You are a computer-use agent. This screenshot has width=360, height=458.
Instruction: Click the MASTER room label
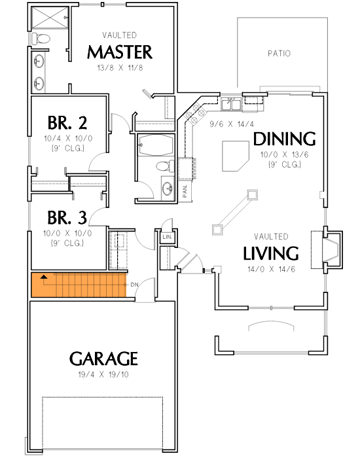point(120,52)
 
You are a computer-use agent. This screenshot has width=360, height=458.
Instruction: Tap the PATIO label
point(279,54)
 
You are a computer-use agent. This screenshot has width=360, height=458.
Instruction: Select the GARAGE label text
point(103,359)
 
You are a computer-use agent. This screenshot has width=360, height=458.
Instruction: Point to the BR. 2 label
point(67,123)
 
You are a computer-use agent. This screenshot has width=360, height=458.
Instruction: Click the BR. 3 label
point(67,218)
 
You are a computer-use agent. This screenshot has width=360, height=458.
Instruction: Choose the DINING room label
point(284,139)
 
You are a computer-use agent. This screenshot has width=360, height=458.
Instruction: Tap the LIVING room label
point(271,253)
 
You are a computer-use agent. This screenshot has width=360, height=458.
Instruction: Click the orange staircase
point(79,285)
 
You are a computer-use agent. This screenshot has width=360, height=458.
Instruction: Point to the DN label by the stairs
point(134,285)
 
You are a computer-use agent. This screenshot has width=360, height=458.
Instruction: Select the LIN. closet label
point(168,237)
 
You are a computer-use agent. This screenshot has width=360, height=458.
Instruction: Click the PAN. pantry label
point(185,191)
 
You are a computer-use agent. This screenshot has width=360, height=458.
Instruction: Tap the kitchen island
point(236,156)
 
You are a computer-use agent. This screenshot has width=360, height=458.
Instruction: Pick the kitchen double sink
point(231,104)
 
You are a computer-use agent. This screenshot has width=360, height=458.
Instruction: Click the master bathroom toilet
point(41,38)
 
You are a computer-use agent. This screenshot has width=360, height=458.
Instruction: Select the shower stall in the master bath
point(50,18)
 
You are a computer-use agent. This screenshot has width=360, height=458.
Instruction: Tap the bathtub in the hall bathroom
point(156,145)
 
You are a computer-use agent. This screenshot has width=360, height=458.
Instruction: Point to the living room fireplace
point(327,250)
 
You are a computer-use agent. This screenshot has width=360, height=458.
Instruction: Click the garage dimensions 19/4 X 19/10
point(103,374)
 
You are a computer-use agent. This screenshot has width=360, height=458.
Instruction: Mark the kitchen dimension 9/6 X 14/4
point(232,124)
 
